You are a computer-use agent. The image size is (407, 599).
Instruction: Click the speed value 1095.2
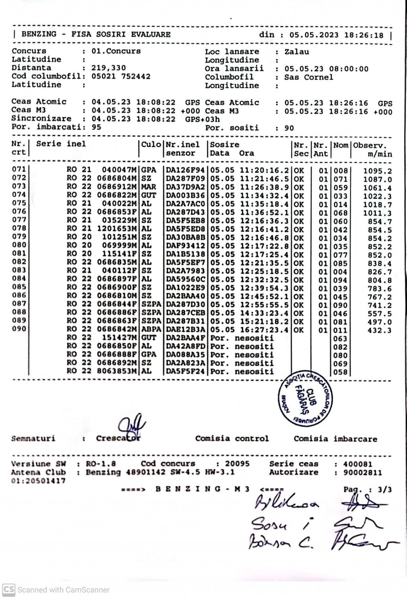point(377,171)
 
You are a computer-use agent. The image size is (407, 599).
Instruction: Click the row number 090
point(19,329)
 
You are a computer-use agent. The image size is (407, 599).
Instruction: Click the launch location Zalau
point(297,52)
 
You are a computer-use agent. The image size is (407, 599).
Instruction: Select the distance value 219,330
point(109,68)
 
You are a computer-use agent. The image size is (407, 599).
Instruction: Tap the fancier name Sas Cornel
point(308,77)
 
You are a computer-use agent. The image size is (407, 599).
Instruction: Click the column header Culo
point(151,144)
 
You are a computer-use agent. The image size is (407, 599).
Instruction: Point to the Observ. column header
point(370,145)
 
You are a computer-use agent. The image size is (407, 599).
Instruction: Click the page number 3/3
point(384,489)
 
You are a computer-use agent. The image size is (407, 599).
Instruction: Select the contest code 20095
point(237,463)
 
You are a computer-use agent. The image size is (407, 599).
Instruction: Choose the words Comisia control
point(232,438)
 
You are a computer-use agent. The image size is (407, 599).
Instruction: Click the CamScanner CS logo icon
point(8,589)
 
